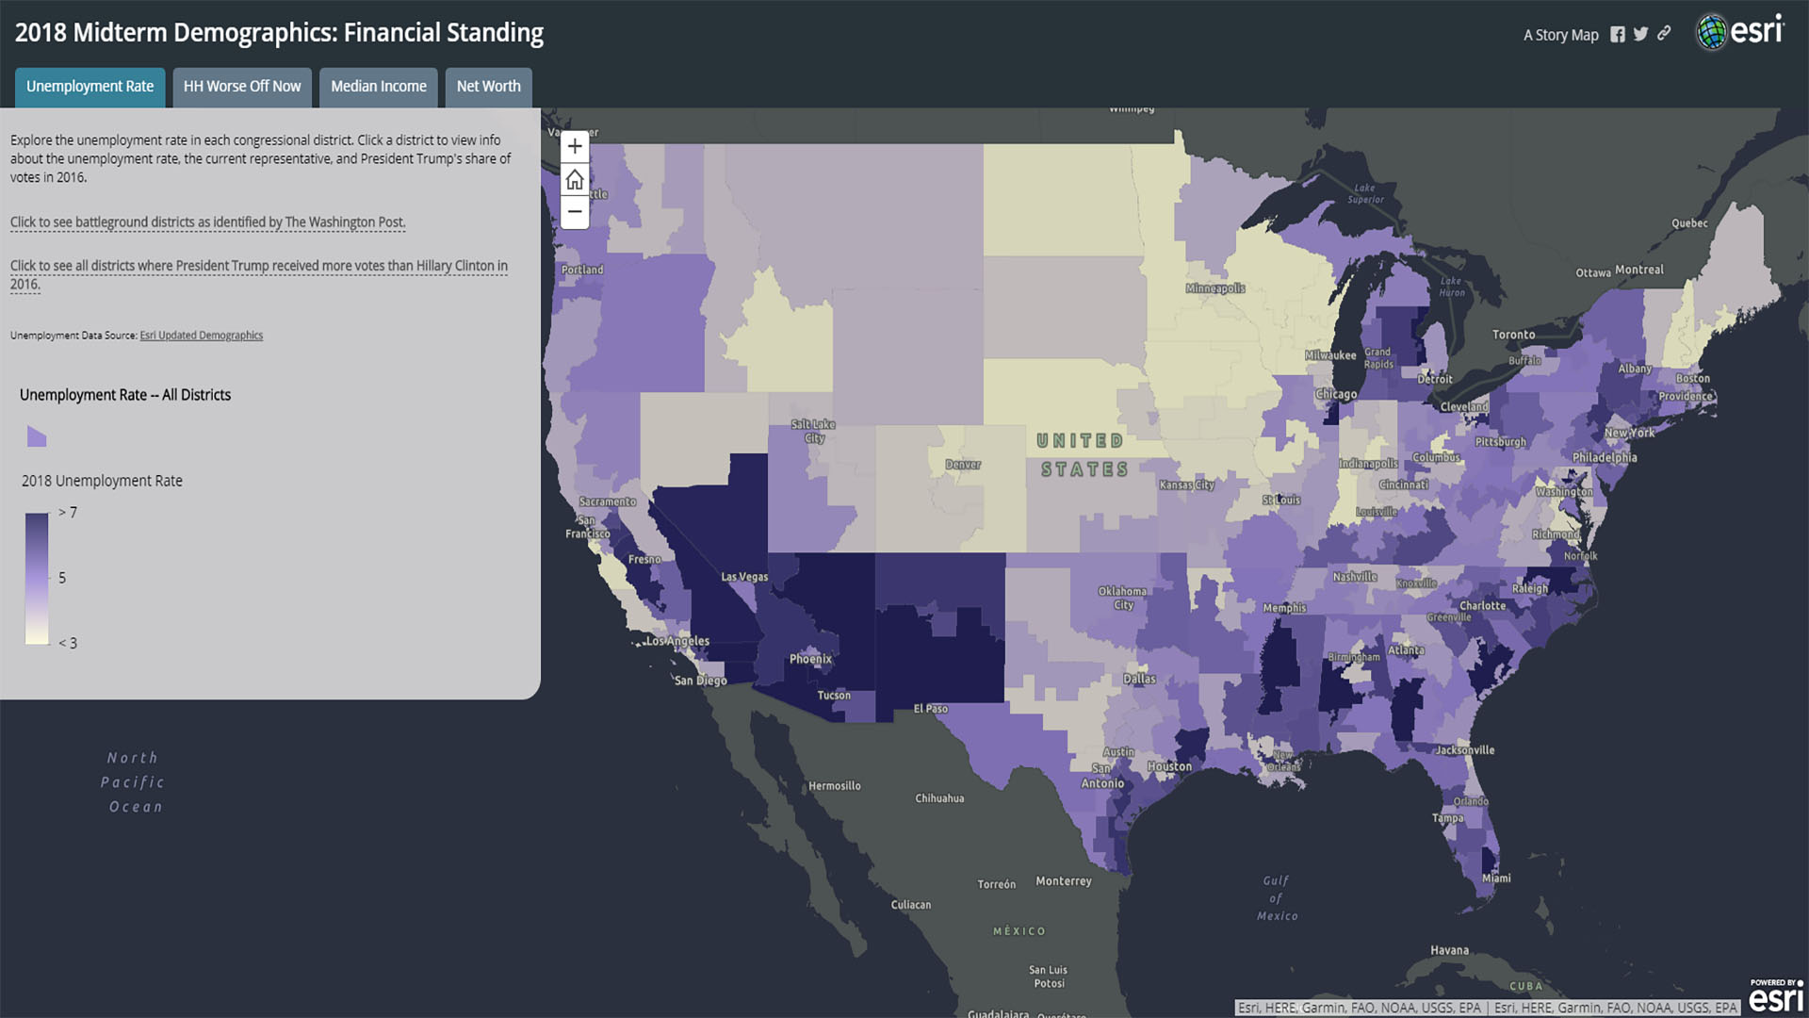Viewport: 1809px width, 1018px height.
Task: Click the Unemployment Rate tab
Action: [90, 87]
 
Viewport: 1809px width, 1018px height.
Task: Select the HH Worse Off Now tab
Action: [242, 87]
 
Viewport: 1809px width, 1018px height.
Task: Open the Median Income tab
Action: [378, 87]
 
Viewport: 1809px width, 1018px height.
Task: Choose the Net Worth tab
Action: [488, 87]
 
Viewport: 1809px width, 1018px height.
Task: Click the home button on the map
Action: [575, 179]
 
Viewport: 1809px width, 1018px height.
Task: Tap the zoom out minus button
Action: [575, 212]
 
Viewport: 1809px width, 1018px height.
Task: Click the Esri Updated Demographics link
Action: [201, 336]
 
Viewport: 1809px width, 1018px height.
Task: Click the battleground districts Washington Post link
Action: [207, 222]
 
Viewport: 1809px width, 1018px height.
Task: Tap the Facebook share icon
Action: [1618, 35]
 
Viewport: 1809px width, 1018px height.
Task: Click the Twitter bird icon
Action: [1641, 35]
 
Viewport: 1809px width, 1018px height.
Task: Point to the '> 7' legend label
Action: [68, 513]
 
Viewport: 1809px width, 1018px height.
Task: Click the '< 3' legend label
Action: [68, 644]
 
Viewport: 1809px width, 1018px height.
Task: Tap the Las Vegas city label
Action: [744, 577]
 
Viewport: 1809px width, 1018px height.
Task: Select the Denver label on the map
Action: [963, 465]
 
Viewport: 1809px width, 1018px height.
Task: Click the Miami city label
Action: [1496, 878]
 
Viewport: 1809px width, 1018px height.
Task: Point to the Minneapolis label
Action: [1215, 288]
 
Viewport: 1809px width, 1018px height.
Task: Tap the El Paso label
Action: [931, 709]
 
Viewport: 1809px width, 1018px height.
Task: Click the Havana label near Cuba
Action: [1449, 950]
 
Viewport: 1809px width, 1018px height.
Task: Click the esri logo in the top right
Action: [1741, 32]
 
